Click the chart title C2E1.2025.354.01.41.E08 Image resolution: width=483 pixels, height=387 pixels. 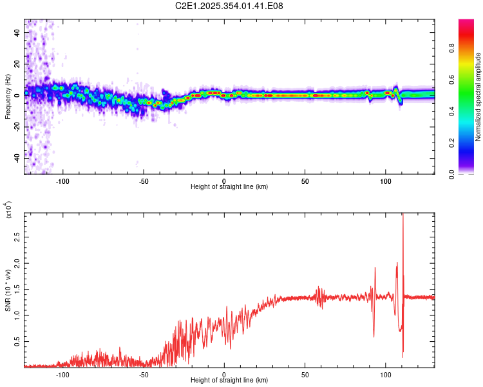[x=229, y=6]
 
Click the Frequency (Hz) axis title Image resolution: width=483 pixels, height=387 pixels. [x=8, y=97]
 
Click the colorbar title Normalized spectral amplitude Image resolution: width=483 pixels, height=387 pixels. [x=478, y=97]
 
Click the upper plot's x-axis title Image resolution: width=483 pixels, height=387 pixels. [x=229, y=187]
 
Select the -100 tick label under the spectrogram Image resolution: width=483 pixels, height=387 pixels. [x=62, y=180]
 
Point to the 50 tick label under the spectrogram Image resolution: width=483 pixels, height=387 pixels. [x=305, y=180]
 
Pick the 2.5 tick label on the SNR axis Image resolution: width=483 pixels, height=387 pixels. [x=16, y=238]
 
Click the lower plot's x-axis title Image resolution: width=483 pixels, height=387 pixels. [x=229, y=381]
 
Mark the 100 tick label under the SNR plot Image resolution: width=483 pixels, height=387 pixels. [x=386, y=373]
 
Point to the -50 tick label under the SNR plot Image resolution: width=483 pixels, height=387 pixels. [x=143, y=373]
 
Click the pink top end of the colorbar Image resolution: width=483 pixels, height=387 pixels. [x=466, y=23]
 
